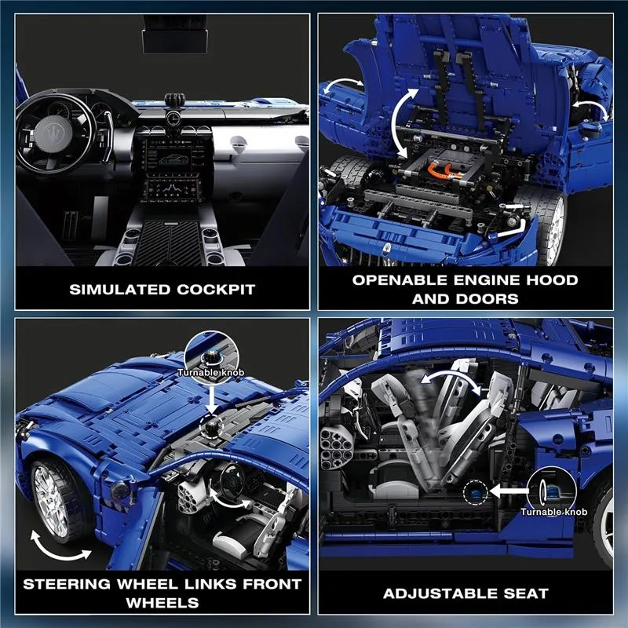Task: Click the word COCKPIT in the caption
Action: [x=216, y=290]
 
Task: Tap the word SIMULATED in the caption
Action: [x=120, y=290]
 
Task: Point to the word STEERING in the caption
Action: [x=67, y=584]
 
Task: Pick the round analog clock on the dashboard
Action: [x=173, y=119]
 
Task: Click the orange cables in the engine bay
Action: [x=445, y=171]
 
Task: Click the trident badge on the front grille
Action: [x=386, y=246]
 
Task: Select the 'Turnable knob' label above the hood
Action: [x=210, y=372]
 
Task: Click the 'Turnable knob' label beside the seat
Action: [x=553, y=512]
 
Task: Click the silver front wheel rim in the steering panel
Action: [x=50, y=502]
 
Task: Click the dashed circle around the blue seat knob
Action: [x=476, y=493]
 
